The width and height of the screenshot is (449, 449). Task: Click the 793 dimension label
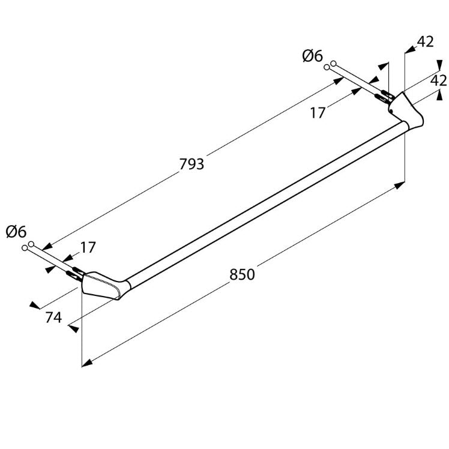click(191, 164)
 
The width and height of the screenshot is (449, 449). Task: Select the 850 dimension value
click(242, 274)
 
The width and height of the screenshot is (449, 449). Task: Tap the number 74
click(53, 318)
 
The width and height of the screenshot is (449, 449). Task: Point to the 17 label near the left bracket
click(88, 248)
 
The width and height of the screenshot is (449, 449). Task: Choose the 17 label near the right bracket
click(318, 113)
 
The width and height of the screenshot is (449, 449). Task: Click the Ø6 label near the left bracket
click(16, 231)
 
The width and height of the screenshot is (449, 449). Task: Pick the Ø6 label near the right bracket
click(312, 56)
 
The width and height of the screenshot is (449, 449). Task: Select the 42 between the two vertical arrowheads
click(439, 80)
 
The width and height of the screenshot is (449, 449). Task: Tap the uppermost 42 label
click(426, 42)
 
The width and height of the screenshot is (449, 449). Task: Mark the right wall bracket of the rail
click(406, 110)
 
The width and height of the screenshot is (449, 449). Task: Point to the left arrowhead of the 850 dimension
click(87, 363)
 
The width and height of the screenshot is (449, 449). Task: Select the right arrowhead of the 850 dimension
click(400, 185)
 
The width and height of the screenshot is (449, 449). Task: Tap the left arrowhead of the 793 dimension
click(47, 246)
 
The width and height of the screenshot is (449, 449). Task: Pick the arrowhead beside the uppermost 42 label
click(411, 50)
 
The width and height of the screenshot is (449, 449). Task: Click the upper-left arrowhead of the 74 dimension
click(35, 306)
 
